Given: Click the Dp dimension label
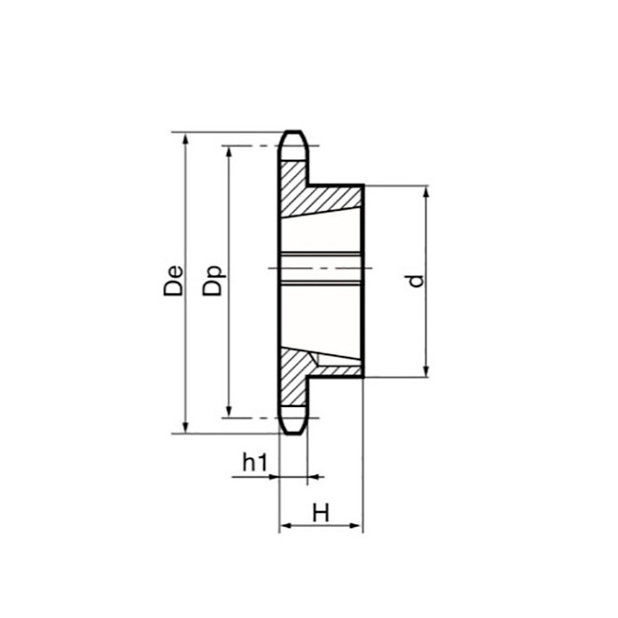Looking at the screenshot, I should click(x=214, y=281).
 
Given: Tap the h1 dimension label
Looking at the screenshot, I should click(x=254, y=461).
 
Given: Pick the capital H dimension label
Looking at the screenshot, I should click(x=320, y=512).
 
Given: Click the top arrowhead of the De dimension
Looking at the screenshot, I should click(x=185, y=139).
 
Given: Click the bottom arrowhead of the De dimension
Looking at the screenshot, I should click(x=185, y=426).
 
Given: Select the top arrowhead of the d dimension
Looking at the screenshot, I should click(x=426, y=192).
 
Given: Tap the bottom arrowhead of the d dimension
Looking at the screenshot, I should click(x=426, y=371).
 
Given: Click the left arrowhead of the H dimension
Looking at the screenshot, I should click(x=285, y=527).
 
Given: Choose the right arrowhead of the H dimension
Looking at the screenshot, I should click(x=357, y=527).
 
